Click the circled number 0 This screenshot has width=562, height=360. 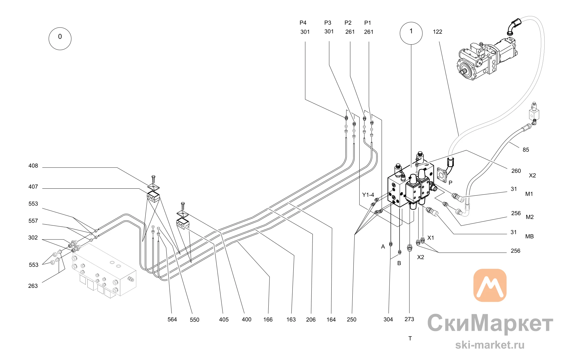60,39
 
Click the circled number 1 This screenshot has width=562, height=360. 411,33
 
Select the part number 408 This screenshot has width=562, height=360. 33,166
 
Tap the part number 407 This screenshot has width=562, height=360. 33,187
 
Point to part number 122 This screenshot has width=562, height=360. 438,32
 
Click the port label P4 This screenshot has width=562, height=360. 303,23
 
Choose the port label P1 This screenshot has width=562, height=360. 368,23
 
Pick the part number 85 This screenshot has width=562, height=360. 526,150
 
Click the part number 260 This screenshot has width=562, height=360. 516,171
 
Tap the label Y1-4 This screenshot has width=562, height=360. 368,195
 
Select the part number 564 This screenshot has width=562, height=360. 172,320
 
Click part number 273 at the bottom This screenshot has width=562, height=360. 409,319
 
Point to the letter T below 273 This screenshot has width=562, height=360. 410,339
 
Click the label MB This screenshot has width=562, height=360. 529,236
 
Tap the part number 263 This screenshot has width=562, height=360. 33,286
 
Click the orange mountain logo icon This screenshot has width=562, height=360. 490,285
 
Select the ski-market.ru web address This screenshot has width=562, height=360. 490,345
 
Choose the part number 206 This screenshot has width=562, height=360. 311,320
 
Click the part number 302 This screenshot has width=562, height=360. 33,238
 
